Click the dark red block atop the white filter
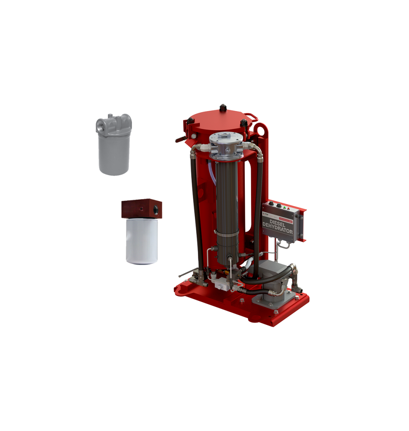[x=142, y=209]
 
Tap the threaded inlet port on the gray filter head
[x=100, y=125]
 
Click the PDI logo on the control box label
[x=266, y=214]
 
